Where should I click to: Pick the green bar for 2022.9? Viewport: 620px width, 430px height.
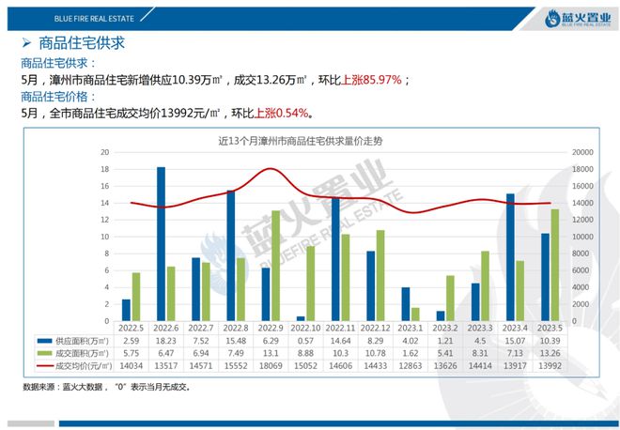click(274, 267)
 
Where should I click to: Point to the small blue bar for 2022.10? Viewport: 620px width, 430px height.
click(301, 319)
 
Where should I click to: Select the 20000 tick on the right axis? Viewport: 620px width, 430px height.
click(581, 151)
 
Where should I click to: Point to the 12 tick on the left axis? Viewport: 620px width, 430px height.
click(106, 220)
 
